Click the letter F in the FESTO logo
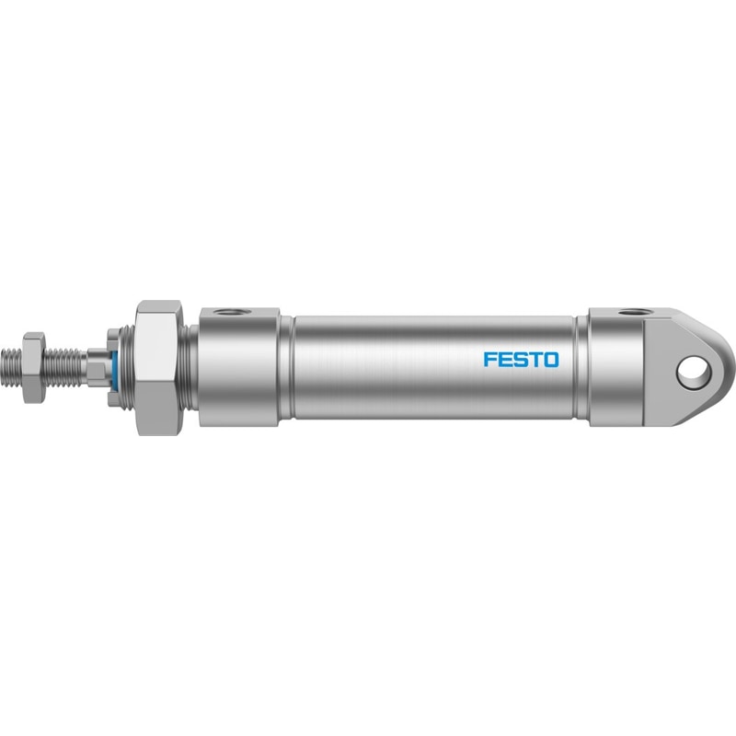coord(489,360)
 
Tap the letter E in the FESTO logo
coord(504,360)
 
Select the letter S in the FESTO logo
coord(519,360)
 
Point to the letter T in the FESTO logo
coord(535,360)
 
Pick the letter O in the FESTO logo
coord(551,360)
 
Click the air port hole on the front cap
coord(228,312)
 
